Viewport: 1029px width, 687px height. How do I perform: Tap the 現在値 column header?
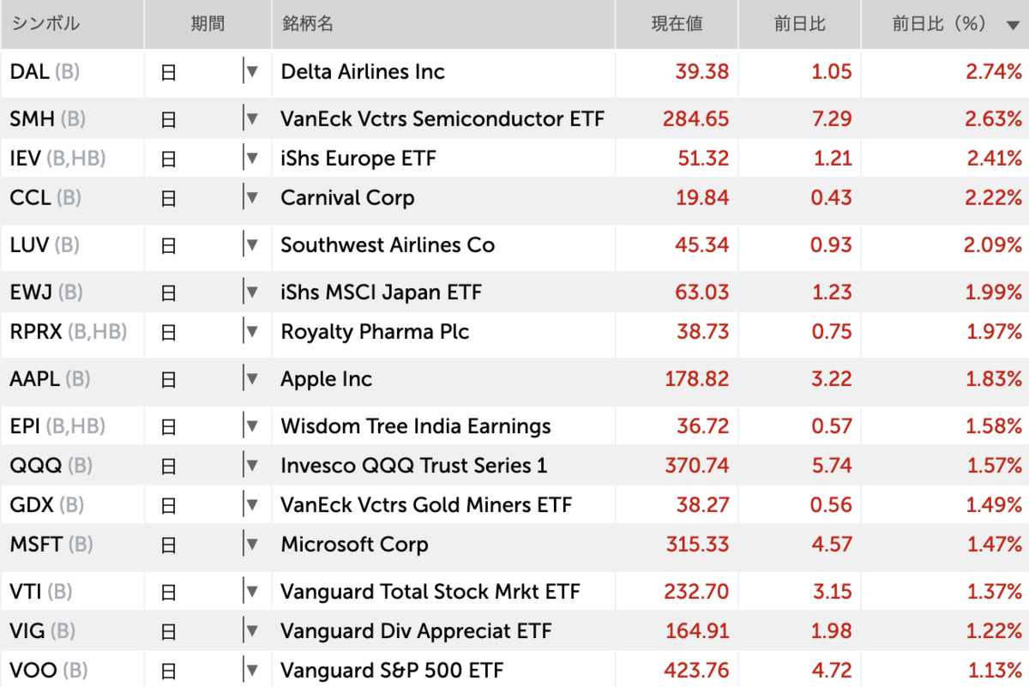pos(677,24)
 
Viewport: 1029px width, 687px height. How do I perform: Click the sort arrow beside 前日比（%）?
pos(1013,26)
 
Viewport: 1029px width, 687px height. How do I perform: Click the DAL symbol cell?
pos(31,72)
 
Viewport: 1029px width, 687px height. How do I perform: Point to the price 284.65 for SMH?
pos(695,119)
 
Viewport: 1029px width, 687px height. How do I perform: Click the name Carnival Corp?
pos(347,198)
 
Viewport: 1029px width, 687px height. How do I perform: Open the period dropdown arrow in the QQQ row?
pos(251,466)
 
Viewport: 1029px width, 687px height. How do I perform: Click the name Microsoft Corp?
pos(354,545)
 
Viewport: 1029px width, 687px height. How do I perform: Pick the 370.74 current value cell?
pos(696,466)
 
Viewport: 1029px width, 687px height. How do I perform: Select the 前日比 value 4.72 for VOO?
pos(831,670)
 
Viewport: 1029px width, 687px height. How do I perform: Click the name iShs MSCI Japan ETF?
pos(381,292)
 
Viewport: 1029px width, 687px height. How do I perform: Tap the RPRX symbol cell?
pos(36,332)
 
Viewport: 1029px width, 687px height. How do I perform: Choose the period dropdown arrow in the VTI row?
pos(251,592)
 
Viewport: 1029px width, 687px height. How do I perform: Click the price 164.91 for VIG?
pos(696,631)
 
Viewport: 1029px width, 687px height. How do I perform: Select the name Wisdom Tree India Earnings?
pos(415,426)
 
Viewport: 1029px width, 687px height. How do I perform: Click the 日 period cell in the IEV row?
pos(169,159)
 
